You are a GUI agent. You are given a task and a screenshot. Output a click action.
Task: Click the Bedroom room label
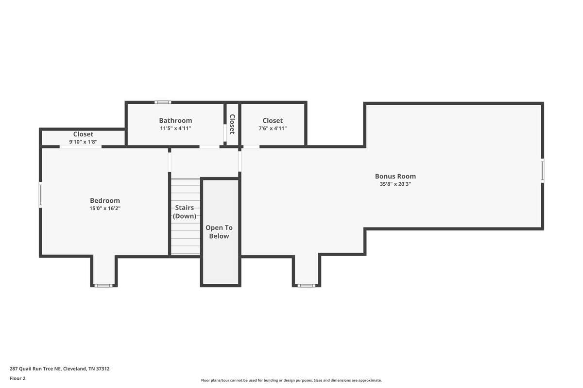click(105, 201)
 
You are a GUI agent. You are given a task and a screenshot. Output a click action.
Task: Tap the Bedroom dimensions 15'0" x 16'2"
click(105, 208)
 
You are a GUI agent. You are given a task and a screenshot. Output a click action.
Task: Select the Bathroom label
click(175, 121)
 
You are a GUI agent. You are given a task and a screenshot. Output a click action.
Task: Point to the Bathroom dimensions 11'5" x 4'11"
click(175, 128)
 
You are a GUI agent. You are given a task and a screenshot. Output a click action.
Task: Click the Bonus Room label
click(395, 176)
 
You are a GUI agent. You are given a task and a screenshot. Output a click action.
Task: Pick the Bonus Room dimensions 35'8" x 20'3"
click(395, 184)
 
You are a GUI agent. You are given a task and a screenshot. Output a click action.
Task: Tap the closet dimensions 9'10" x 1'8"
click(83, 142)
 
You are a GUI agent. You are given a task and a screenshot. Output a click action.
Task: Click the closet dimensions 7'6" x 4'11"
click(273, 128)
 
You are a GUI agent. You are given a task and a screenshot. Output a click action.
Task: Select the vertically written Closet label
click(232, 124)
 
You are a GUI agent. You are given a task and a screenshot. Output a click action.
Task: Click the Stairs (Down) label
click(185, 212)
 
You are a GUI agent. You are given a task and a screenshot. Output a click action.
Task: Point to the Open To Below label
click(219, 232)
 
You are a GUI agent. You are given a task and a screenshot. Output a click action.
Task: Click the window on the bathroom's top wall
click(163, 102)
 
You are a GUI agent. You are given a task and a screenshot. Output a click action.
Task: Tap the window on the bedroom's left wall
click(40, 194)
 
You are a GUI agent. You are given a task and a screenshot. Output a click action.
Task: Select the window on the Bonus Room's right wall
click(542, 171)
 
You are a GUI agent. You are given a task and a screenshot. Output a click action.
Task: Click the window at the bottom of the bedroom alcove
click(103, 286)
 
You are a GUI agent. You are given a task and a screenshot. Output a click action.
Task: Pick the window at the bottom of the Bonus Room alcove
click(307, 286)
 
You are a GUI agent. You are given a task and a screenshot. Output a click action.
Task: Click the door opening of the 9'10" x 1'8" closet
click(81, 147)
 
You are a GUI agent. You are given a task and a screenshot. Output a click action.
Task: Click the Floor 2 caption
click(17, 378)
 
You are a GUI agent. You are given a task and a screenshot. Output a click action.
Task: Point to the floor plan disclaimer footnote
click(291, 380)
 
